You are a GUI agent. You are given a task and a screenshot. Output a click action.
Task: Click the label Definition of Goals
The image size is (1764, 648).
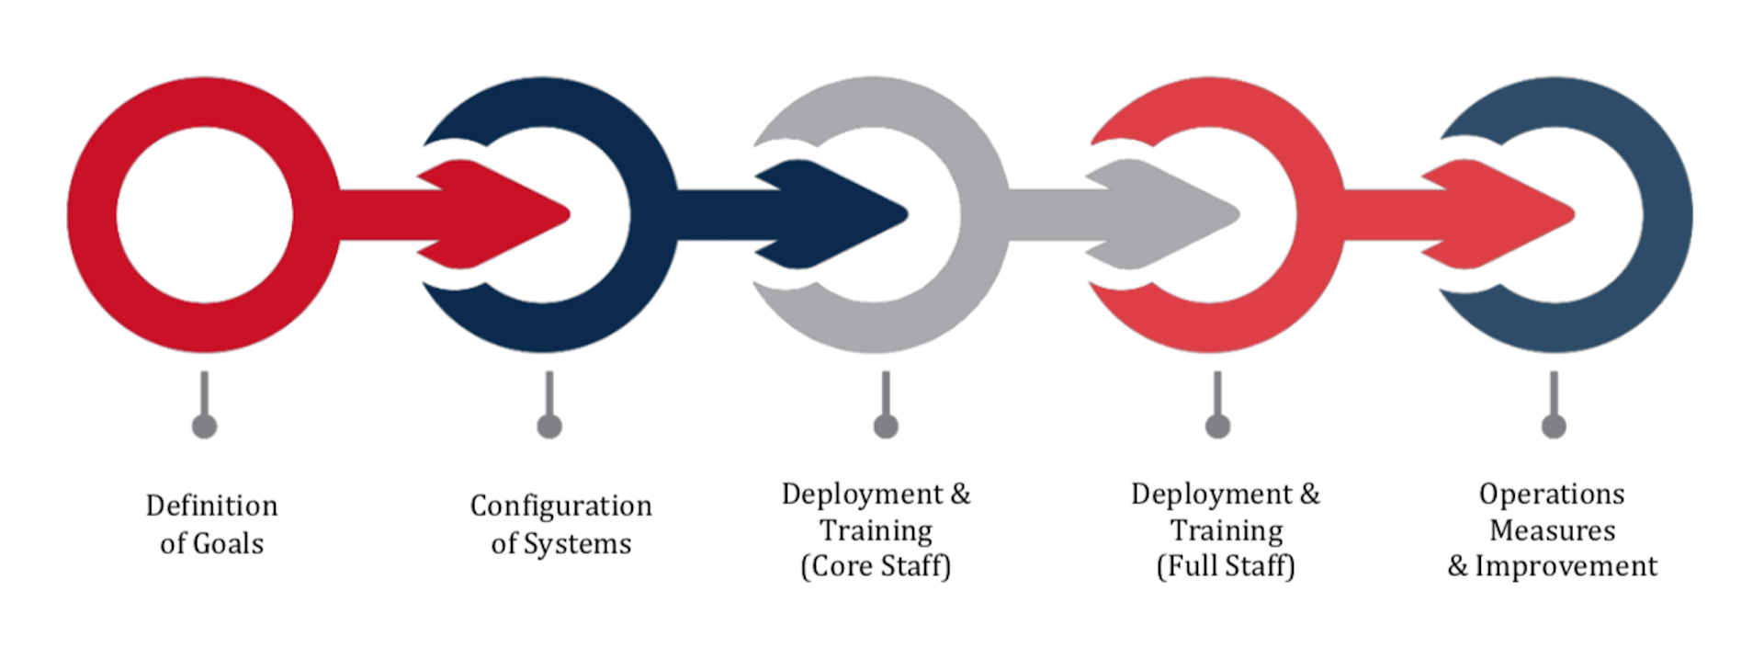click(x=211, y=524)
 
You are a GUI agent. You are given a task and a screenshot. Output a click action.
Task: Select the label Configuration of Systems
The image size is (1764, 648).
click(x=561, y=524)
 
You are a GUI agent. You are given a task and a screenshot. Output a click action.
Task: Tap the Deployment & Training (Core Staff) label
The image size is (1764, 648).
click(x=876, y=530)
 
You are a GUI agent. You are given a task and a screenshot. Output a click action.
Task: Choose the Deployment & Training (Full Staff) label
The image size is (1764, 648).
click(x=1226, y=530)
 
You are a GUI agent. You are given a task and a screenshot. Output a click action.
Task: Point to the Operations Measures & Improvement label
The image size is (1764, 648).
click(x=1553, y=530)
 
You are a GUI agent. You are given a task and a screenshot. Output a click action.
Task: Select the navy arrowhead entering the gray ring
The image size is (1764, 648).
click(x=832, y=214)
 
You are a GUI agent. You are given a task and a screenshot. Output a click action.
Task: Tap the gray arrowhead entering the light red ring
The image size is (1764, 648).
click(x=1163, y=214)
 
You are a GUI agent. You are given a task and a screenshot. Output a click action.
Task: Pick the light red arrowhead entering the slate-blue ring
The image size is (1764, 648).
click(x=1498, y=214)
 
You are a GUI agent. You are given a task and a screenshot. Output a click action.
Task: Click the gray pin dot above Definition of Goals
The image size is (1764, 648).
click(x=204, y=426)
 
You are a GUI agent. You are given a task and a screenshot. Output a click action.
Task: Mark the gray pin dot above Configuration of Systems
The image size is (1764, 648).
click(x=549, y=426)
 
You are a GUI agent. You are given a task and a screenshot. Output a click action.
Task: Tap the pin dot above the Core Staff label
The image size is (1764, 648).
click(x=886, y=426)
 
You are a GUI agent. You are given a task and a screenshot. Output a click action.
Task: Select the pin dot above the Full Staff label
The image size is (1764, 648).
click(x=1217, y=426)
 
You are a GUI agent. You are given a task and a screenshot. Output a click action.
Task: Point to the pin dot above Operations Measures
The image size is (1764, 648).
click(x=1554, y=426)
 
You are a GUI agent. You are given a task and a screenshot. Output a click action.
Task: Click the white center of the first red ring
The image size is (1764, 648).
click(x=205, y=215)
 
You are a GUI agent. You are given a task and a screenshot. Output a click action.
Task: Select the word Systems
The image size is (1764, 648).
click(x=578, y=543)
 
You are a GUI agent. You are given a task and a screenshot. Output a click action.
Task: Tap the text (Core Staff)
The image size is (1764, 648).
click(x=876, y=566)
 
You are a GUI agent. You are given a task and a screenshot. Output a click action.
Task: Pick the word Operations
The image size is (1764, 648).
click(x=1552, y=495)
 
